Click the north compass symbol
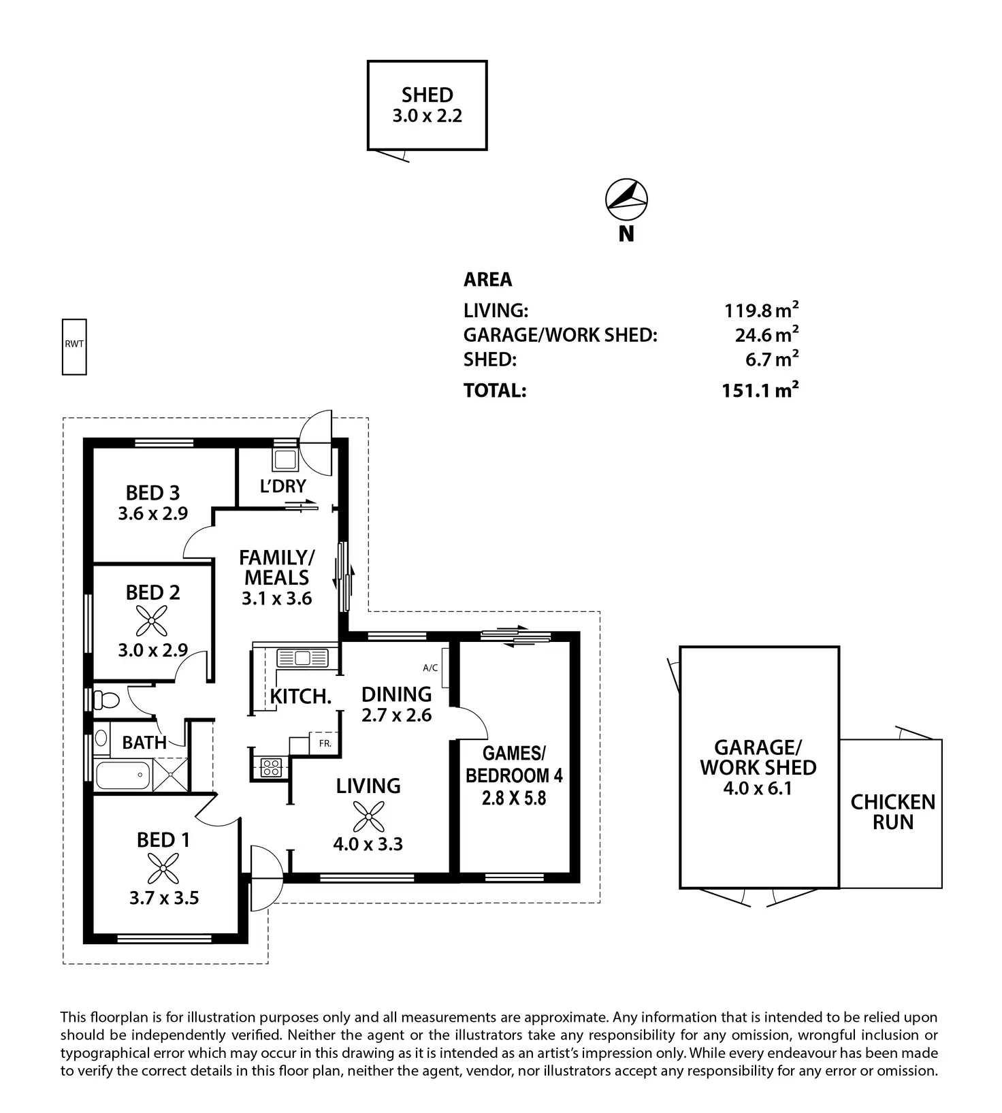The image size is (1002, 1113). pos(626,199)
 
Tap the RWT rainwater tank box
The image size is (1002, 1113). pos(74,346)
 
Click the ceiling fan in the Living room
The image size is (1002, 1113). pos(368,816)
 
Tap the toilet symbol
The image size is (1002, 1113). pos(106,699)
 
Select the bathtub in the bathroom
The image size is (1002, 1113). pos(123,775)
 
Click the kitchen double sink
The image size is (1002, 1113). pos(302,658)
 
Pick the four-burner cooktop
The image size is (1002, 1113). pos(270,767)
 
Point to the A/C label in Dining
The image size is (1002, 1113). pos(430,668)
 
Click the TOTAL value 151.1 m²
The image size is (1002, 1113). pos(760,390)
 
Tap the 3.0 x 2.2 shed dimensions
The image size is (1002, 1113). pos(427,116)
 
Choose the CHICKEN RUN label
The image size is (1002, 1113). pos(892,811)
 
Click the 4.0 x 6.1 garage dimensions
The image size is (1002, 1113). pos(758,788)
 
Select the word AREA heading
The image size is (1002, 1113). pos(487,279)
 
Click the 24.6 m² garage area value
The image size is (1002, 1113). pos(765,335)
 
